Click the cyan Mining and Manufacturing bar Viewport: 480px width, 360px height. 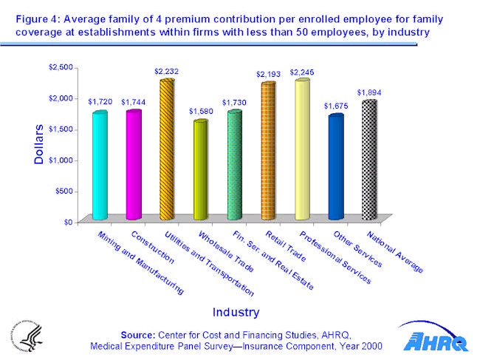point(100,166)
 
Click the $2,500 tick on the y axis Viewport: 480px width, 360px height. point(61,67)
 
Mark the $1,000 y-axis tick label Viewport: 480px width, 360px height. point(61,160)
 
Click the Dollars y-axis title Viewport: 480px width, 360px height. point(39,143)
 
